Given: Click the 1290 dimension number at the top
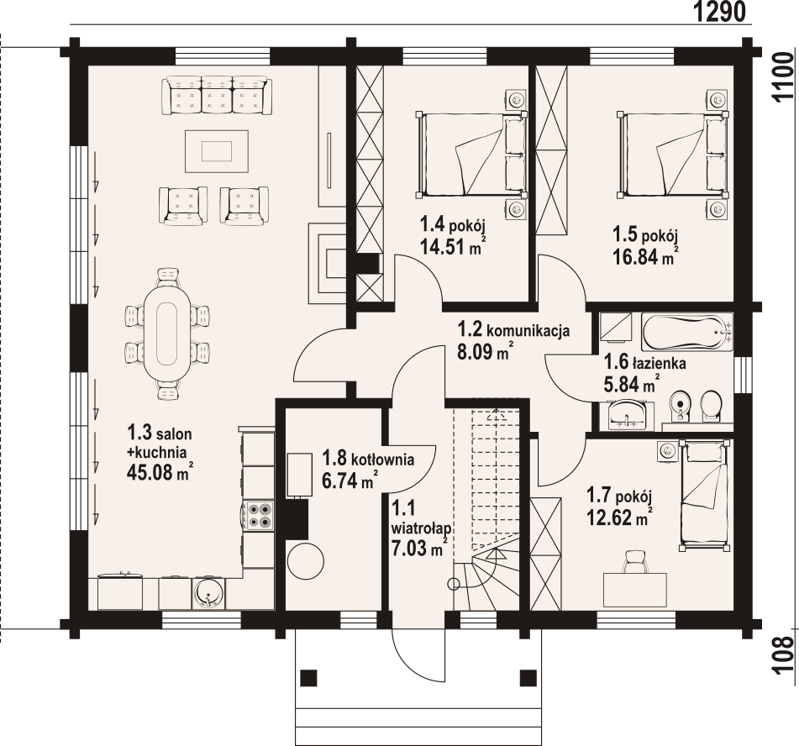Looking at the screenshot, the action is point(720,11).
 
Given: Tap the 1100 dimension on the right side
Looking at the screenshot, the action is point(784,77).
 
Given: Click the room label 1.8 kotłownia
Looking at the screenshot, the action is point(369,459).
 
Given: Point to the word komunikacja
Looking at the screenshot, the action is point(528,331).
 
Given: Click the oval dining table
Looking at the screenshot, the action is point(167,334).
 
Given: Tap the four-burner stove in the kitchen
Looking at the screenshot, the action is point(260,515).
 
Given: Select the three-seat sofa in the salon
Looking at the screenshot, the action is point(216,96).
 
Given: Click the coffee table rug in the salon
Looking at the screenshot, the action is point(217,151).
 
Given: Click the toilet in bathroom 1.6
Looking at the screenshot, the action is point(710,406).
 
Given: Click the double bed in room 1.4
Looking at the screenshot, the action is point(470,155).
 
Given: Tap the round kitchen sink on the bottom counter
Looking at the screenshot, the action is point(208,592).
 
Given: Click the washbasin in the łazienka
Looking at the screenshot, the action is point(626,413).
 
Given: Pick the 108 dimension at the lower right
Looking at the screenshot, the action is point(784,655).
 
